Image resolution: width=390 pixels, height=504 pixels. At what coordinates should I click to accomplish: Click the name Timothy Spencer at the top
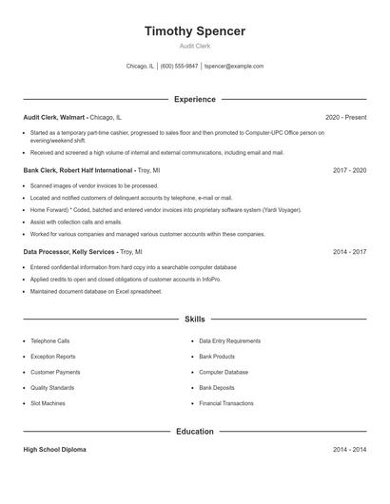[x=195, y=31]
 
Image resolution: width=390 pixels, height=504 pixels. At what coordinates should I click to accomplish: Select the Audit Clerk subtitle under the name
[x=195, y=46]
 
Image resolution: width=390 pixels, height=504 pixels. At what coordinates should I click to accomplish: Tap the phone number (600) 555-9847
[x=179, y=67]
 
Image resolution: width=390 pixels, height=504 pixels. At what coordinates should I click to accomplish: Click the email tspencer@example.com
[x=235, y=67]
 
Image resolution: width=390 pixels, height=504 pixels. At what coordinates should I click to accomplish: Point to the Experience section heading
[x=195, y=99]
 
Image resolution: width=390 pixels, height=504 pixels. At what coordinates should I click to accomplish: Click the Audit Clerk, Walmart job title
[x=56, y=117]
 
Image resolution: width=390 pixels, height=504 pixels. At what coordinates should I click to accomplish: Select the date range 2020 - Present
[x=345, y=117]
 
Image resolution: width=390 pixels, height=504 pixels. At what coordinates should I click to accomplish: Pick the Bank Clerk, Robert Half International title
[x=78, y=170]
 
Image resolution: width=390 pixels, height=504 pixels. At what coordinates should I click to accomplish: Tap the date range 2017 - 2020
[x=349, y=170]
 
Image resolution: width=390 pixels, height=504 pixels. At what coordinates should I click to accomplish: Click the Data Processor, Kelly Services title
[x=69, y=252]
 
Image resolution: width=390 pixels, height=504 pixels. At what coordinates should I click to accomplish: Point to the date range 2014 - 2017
[x=349, y=252]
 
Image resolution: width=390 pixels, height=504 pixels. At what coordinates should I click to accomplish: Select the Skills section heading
[x=195, y=320]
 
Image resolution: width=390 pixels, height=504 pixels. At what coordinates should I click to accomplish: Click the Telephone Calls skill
[x=49, y=340]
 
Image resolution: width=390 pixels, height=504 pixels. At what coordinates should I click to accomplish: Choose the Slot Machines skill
[x=48, y=403]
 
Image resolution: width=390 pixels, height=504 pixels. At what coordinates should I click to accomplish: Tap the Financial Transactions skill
[x=226, y=403]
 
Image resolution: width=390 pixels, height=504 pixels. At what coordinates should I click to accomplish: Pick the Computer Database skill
[x=224, y=372]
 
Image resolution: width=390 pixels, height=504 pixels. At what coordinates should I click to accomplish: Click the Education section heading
[x=195, y=432]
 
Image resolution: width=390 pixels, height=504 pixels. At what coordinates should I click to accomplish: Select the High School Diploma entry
[x=54, y=450]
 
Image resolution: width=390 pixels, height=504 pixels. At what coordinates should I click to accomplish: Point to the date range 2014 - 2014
[x=349, y=450]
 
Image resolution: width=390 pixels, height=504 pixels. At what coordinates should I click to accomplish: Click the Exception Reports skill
[x=52, y=357]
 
